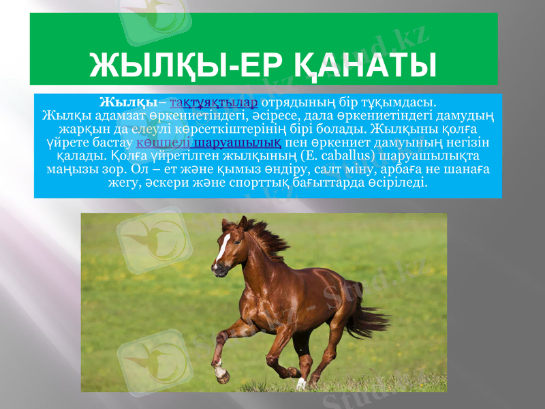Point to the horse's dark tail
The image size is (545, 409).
pos(368,314)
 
